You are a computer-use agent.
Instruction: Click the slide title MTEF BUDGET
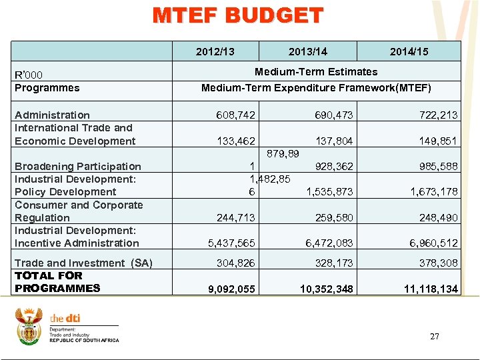(x=238, y=16)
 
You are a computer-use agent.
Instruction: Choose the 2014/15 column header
(x=409, y=51)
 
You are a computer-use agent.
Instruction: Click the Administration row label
(x=52, y=115)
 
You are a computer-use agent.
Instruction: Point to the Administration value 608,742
(x=235, y=115)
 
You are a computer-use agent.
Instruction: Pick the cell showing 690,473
(x=333, y=115)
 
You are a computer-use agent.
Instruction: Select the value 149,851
(x=439, y=141)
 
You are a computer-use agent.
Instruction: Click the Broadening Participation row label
(x=78, y=167)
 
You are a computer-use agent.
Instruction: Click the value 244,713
(x=235, y=218)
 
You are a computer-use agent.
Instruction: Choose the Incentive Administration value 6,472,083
(x=329, y=243)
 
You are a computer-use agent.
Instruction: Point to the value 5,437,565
(x=231, y=243)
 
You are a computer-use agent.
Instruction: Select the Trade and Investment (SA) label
(x=83, y=263)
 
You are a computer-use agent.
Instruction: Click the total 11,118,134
(x=430, y=289)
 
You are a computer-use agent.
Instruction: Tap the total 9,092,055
(x=231, y=289)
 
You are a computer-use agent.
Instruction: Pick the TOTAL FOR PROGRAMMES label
(x=57, y=282)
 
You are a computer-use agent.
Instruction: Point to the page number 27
(x=434, y=337)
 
